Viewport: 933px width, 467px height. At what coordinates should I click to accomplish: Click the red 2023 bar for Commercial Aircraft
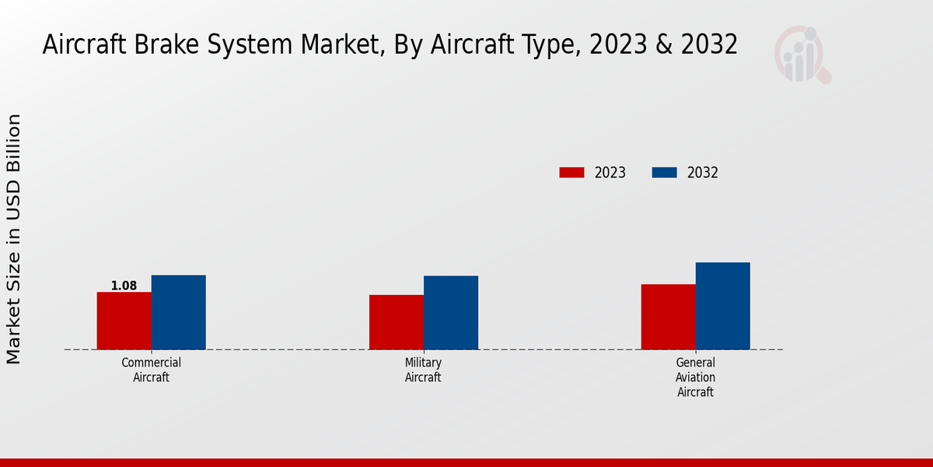click(x=124, y=321)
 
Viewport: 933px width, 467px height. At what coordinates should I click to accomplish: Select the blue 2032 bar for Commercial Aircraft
click(x=178, y=312)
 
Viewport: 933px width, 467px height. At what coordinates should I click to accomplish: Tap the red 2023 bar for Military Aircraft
click(x=396, y=322)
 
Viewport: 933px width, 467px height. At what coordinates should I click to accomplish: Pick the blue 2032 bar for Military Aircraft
click(x=450, y=312)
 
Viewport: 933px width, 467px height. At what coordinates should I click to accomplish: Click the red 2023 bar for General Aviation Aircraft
click(x=668, y=317)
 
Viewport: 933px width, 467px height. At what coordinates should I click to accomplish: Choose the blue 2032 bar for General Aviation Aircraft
click(x=722, y=306)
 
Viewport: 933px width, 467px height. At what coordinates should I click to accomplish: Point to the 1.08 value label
click(x=124, y=286)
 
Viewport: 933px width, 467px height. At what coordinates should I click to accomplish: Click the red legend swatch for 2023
click(x=571, y=173)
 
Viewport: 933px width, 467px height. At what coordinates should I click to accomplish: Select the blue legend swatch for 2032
click(x=663, y=173)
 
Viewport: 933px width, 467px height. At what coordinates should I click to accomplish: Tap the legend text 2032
click(x=702, y=173)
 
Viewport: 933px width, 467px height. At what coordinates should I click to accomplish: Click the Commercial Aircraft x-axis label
click(x=151, y=370)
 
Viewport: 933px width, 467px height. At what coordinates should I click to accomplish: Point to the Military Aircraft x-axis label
click(x=423, y=370)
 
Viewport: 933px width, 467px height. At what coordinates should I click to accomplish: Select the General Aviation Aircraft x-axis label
click(x=695, y=377)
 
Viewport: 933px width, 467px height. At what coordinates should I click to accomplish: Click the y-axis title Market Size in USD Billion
click(x=14, y=239)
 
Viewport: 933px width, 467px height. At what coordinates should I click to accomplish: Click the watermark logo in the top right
click(x=802, y=54)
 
